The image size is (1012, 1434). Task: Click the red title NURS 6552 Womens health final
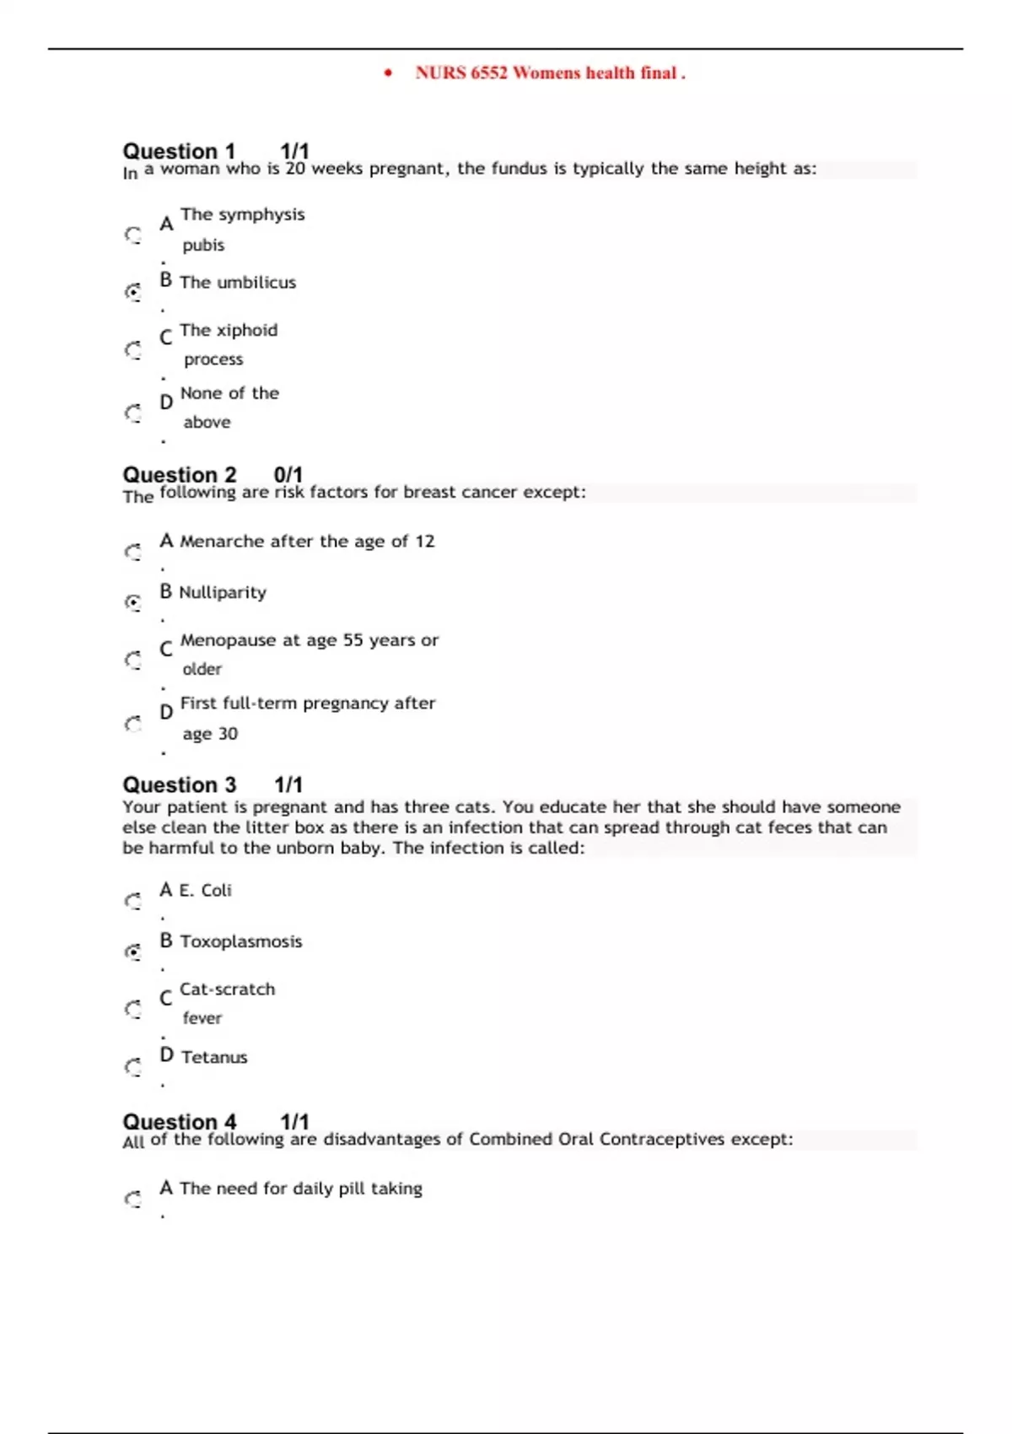550,73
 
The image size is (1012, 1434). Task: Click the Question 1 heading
179,151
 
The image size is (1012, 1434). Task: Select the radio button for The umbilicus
133,292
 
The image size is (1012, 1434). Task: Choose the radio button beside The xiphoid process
133,349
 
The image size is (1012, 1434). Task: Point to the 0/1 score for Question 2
288,474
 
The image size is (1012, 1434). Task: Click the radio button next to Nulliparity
133,602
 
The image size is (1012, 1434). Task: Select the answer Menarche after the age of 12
307,542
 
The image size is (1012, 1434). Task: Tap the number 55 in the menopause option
353,640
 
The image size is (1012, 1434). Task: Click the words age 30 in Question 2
210,734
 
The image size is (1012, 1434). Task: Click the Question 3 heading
179,784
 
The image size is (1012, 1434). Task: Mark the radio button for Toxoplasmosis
133,952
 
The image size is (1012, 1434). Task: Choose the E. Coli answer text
205,891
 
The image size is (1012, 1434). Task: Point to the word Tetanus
214,1057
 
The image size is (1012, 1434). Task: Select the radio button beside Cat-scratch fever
133,1009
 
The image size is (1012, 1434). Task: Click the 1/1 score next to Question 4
294,1121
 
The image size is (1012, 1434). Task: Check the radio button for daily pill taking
133,1199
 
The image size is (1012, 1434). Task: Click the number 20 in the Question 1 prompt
295,169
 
